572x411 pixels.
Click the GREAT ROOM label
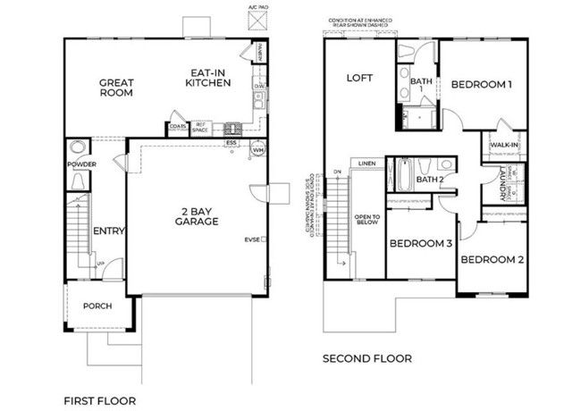[116, 86]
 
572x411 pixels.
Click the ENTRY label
[108, 231]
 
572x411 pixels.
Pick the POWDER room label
[80, 164]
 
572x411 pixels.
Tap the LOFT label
[359, 78]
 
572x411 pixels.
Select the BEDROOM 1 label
[481, 85]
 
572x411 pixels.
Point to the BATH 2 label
[430, 180]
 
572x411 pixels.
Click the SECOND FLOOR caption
[367, 358]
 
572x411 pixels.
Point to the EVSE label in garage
[253, 239]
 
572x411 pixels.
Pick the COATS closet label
[178, 127]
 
